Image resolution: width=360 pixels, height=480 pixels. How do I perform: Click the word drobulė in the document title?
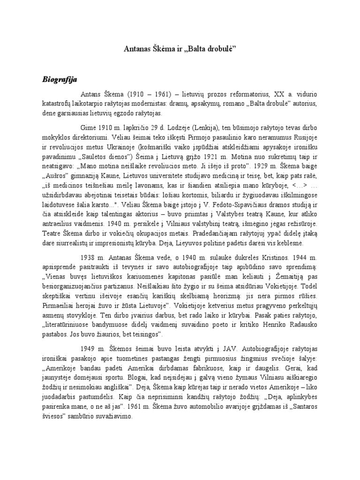coord(217,48)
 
